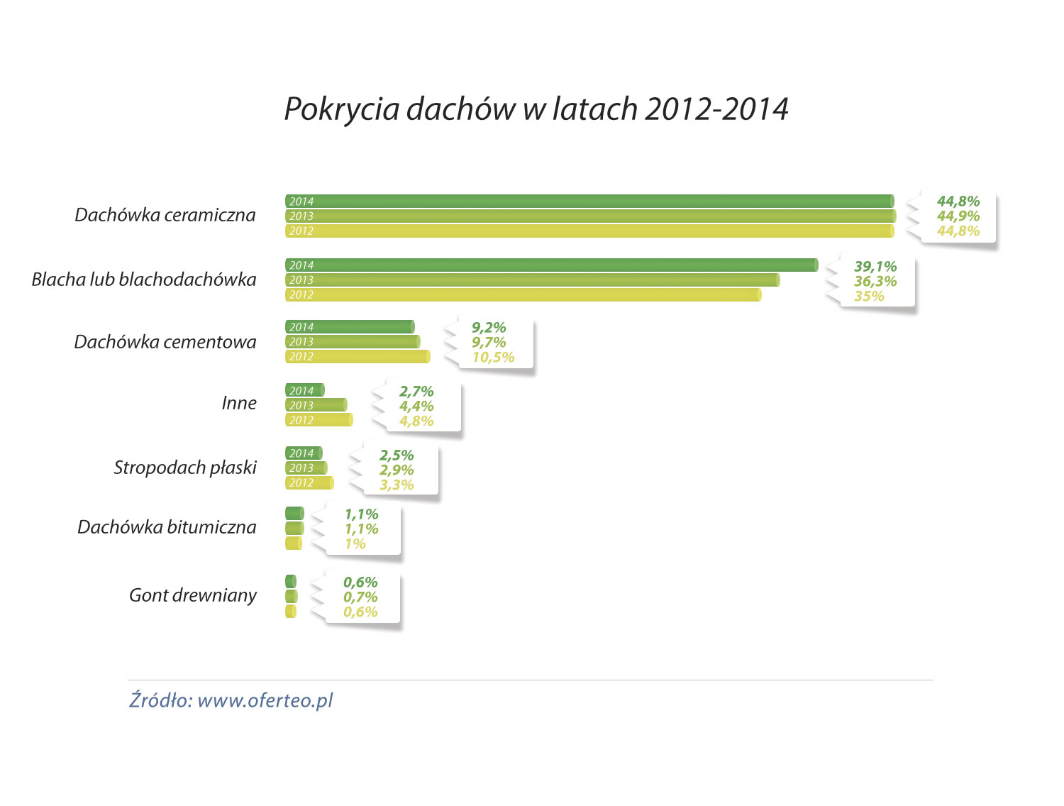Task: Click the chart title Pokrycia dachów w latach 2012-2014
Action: [536, 109]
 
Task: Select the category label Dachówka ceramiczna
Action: [165, 215]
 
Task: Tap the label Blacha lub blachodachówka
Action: [144, 280]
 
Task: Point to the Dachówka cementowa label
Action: [165, 342]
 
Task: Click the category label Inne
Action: [239, 403]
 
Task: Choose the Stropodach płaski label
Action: [185, 468]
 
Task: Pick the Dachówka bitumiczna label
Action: [167, 527]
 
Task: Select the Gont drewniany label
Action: [193, 595]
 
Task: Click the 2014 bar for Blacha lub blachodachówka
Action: [551, 265]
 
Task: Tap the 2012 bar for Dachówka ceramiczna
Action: [589, 231]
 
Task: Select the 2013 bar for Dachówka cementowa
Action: [353, 342]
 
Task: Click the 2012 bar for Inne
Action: [318, 420]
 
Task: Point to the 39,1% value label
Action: [875, 267]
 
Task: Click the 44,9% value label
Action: [958, 216]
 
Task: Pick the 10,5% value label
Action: [493, 358]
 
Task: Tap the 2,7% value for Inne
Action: [416, 392]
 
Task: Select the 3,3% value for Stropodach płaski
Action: [397, 485]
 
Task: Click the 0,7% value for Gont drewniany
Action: [360, 597]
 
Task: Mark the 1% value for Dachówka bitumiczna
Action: [355, 544]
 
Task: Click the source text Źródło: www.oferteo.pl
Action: [231, 700]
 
